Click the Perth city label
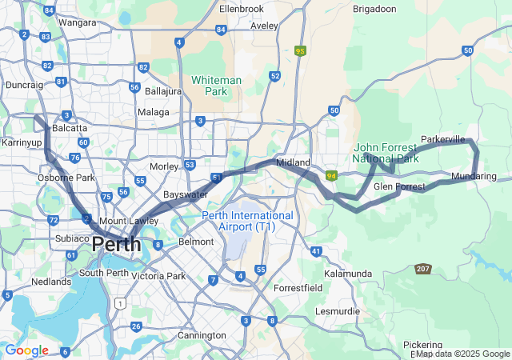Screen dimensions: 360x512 click(117, 244)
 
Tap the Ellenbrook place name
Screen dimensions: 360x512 click(241, 10)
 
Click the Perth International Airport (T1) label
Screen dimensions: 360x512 click(248, 221)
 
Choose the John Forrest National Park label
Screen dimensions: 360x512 click(386, 153)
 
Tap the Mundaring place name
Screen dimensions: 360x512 click(474, 176)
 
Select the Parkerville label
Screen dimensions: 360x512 click(442, 139)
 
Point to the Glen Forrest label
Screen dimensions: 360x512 click(399, 186)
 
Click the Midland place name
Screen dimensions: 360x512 click(293, 162)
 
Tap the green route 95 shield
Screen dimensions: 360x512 click(301, 50)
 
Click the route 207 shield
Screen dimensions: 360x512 click(423, 269)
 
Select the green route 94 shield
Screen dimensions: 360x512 click(330, 175)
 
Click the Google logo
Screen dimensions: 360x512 click(26, 350)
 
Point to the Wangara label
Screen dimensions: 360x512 click(77, 22)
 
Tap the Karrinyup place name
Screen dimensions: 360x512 click(22, 142)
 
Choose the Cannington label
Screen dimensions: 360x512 click(202, 335)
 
